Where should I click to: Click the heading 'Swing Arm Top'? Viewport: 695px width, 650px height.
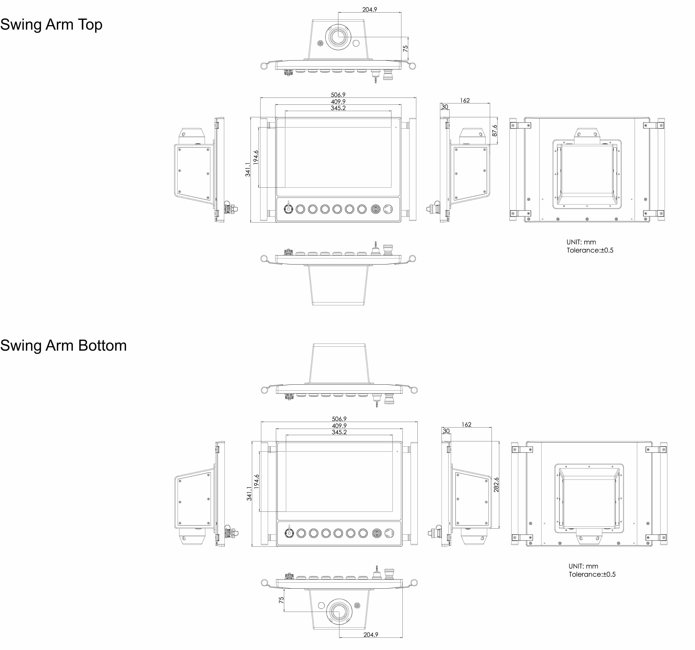(51, 24)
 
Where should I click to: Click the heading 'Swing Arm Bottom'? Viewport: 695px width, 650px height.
(63, 345)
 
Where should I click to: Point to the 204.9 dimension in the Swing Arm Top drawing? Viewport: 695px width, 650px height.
(370, 9)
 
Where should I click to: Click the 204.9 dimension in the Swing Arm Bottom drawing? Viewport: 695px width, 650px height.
(371, 635)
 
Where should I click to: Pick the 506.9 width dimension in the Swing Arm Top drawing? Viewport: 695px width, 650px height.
(338, 95)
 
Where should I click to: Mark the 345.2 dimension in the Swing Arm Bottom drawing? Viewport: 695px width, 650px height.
(339, 432)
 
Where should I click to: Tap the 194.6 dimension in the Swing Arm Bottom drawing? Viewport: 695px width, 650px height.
(257, 481)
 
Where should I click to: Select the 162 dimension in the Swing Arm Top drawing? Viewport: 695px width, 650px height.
(465, 100)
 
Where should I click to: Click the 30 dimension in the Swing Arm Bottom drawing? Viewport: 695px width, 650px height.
(446, 431)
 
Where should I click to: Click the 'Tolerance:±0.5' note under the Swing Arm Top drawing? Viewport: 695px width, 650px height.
(590, 250)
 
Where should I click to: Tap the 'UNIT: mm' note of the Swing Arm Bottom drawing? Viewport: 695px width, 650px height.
(583, 566)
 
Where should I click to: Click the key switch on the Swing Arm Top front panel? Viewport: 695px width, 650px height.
(288, 209)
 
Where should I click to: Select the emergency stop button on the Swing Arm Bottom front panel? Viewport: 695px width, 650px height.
(389, 533)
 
